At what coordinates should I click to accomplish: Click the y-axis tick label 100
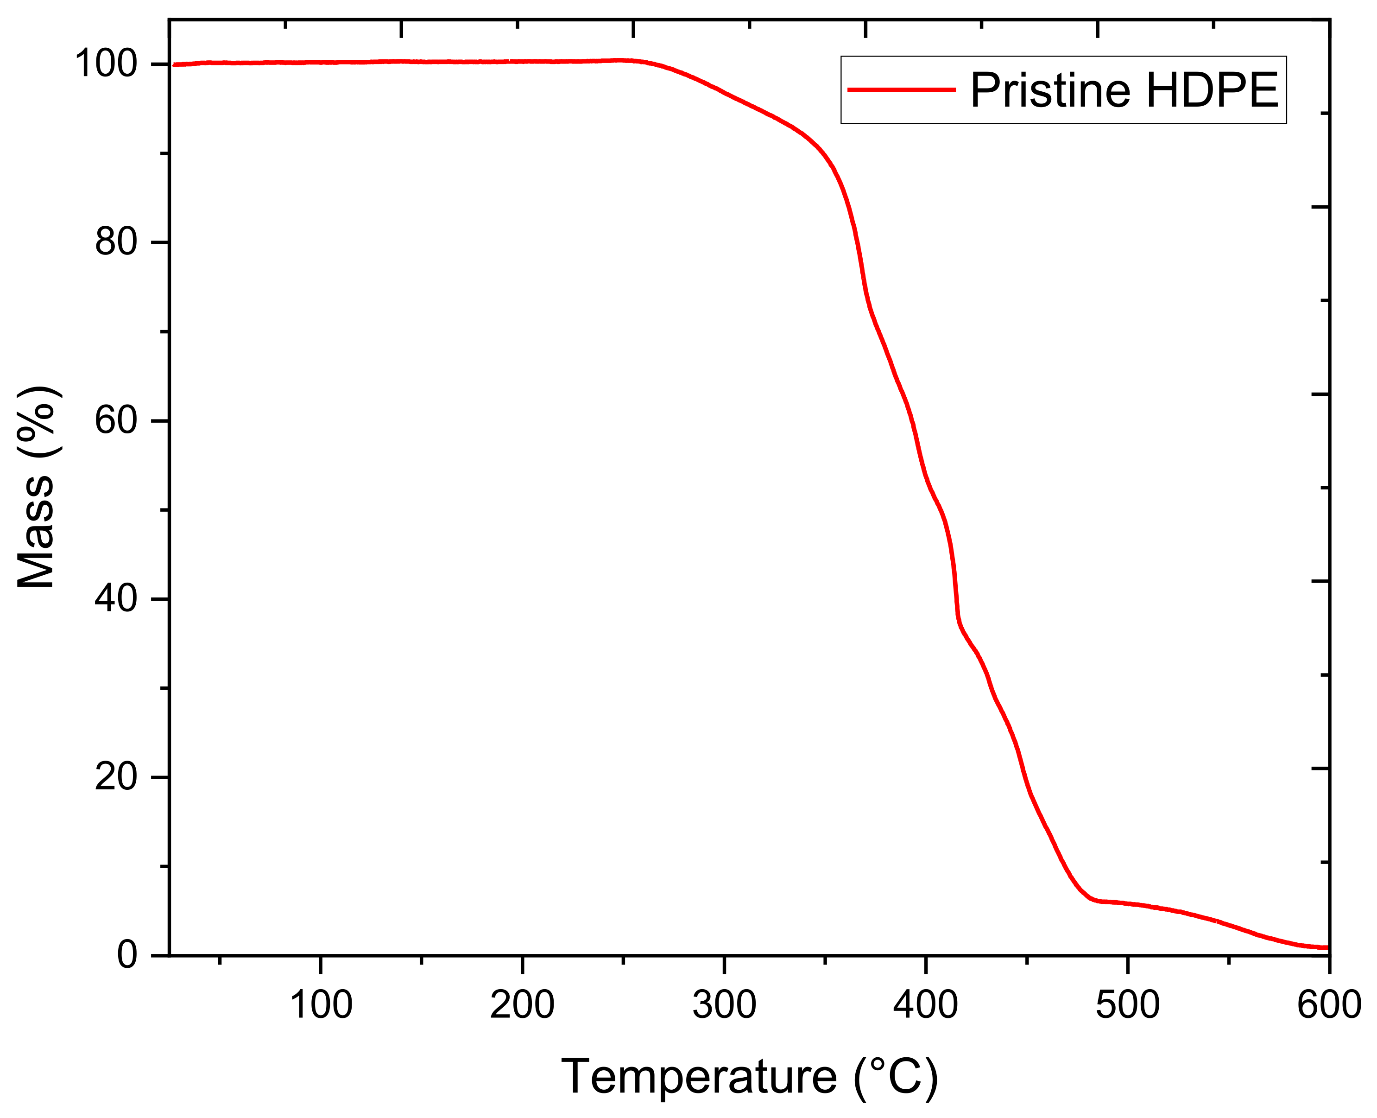point(106,64)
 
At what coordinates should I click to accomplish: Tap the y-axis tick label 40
point(116,599)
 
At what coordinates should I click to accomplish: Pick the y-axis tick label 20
point(116,777)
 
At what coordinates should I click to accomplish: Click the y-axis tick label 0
point(127,955)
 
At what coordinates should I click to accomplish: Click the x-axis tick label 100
point(321,1004)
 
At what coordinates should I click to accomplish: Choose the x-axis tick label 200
point(522,1004)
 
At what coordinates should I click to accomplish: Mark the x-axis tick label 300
point(724,1004)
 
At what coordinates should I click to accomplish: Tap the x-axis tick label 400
point(926,1004)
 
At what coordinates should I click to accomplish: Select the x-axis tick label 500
point(1128,1004)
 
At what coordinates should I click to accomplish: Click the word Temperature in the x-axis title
point(699,1077)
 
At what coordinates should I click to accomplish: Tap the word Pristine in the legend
point(1050,90)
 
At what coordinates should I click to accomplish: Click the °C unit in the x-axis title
point(896,1077)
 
